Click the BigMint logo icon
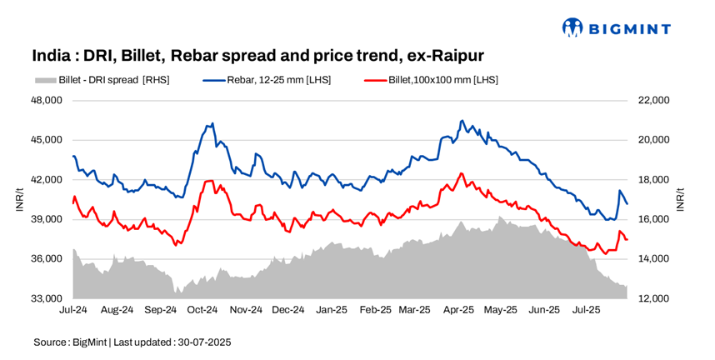tap(572, 28)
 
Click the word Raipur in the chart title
tap(453, 56)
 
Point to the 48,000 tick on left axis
tap(47, 100)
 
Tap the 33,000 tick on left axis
tap(47, 298)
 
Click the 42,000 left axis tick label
tap(47, 179)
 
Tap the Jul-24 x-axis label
tap(73, 310)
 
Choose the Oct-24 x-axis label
tap(202, 310)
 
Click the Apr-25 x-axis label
tap(458, 310)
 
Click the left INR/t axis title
tap(19, 199)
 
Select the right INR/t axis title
tap(682, 199)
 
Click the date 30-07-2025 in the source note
tap(205, 342)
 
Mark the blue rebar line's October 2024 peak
tap(212, 123)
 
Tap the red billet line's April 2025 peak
tap(461, 173)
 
